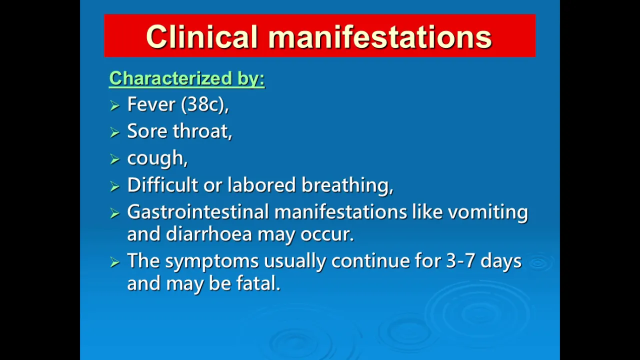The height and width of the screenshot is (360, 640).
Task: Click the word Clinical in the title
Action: click(202, 37)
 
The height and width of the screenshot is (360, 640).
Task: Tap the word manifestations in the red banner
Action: click(380, 37)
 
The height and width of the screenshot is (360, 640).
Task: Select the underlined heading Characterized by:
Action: click(187, 78)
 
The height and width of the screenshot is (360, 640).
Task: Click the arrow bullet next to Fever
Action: click(114, 105)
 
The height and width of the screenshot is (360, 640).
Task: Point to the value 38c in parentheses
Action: click(203, 104)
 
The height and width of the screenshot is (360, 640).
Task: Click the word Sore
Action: click(147, 131)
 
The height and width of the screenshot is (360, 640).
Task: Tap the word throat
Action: click(200, 131)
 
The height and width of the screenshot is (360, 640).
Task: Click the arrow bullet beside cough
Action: click(114, 159)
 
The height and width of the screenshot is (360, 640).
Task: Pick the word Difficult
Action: click(162, 185)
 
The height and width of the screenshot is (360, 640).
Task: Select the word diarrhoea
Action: click(209, 234)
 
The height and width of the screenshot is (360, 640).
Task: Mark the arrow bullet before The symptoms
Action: click(114, 262)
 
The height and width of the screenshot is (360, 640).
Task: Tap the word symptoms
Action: click(211, 262)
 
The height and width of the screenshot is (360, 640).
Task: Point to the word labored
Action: click(261, 185)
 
